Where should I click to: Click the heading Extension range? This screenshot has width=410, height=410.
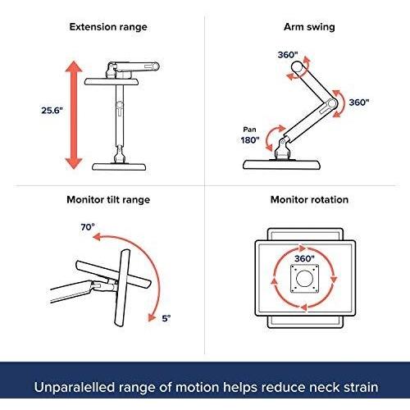coord(108,27)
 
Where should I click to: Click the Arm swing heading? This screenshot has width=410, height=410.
coord(309,27)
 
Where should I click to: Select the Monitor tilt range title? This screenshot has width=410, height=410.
coord(108,200)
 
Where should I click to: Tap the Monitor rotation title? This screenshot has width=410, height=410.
coord(309,200)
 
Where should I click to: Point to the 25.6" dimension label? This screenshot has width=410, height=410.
coord(52,111)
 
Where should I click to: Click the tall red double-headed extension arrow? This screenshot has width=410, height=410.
coord(74,115)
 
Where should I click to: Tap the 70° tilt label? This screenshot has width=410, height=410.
coord(88,227)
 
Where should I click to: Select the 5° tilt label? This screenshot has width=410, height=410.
coord(166,318)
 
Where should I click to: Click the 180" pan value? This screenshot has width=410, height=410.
coord(250,140)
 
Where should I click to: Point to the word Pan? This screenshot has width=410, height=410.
coord(249,130)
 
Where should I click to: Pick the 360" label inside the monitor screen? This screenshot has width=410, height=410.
coord(304,258)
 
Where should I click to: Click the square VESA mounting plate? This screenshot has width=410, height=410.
coord(304,279)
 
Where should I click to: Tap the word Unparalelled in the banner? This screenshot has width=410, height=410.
coord(75,387)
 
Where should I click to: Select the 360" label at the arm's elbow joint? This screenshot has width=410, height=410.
coord(359,102)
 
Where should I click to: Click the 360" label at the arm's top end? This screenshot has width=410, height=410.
coord(288,55)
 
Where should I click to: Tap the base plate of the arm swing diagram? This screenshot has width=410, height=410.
coord(281,165)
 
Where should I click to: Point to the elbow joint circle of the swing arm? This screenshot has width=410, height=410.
coord(331,103)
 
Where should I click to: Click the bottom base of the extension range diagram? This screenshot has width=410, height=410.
coord(119,166)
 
